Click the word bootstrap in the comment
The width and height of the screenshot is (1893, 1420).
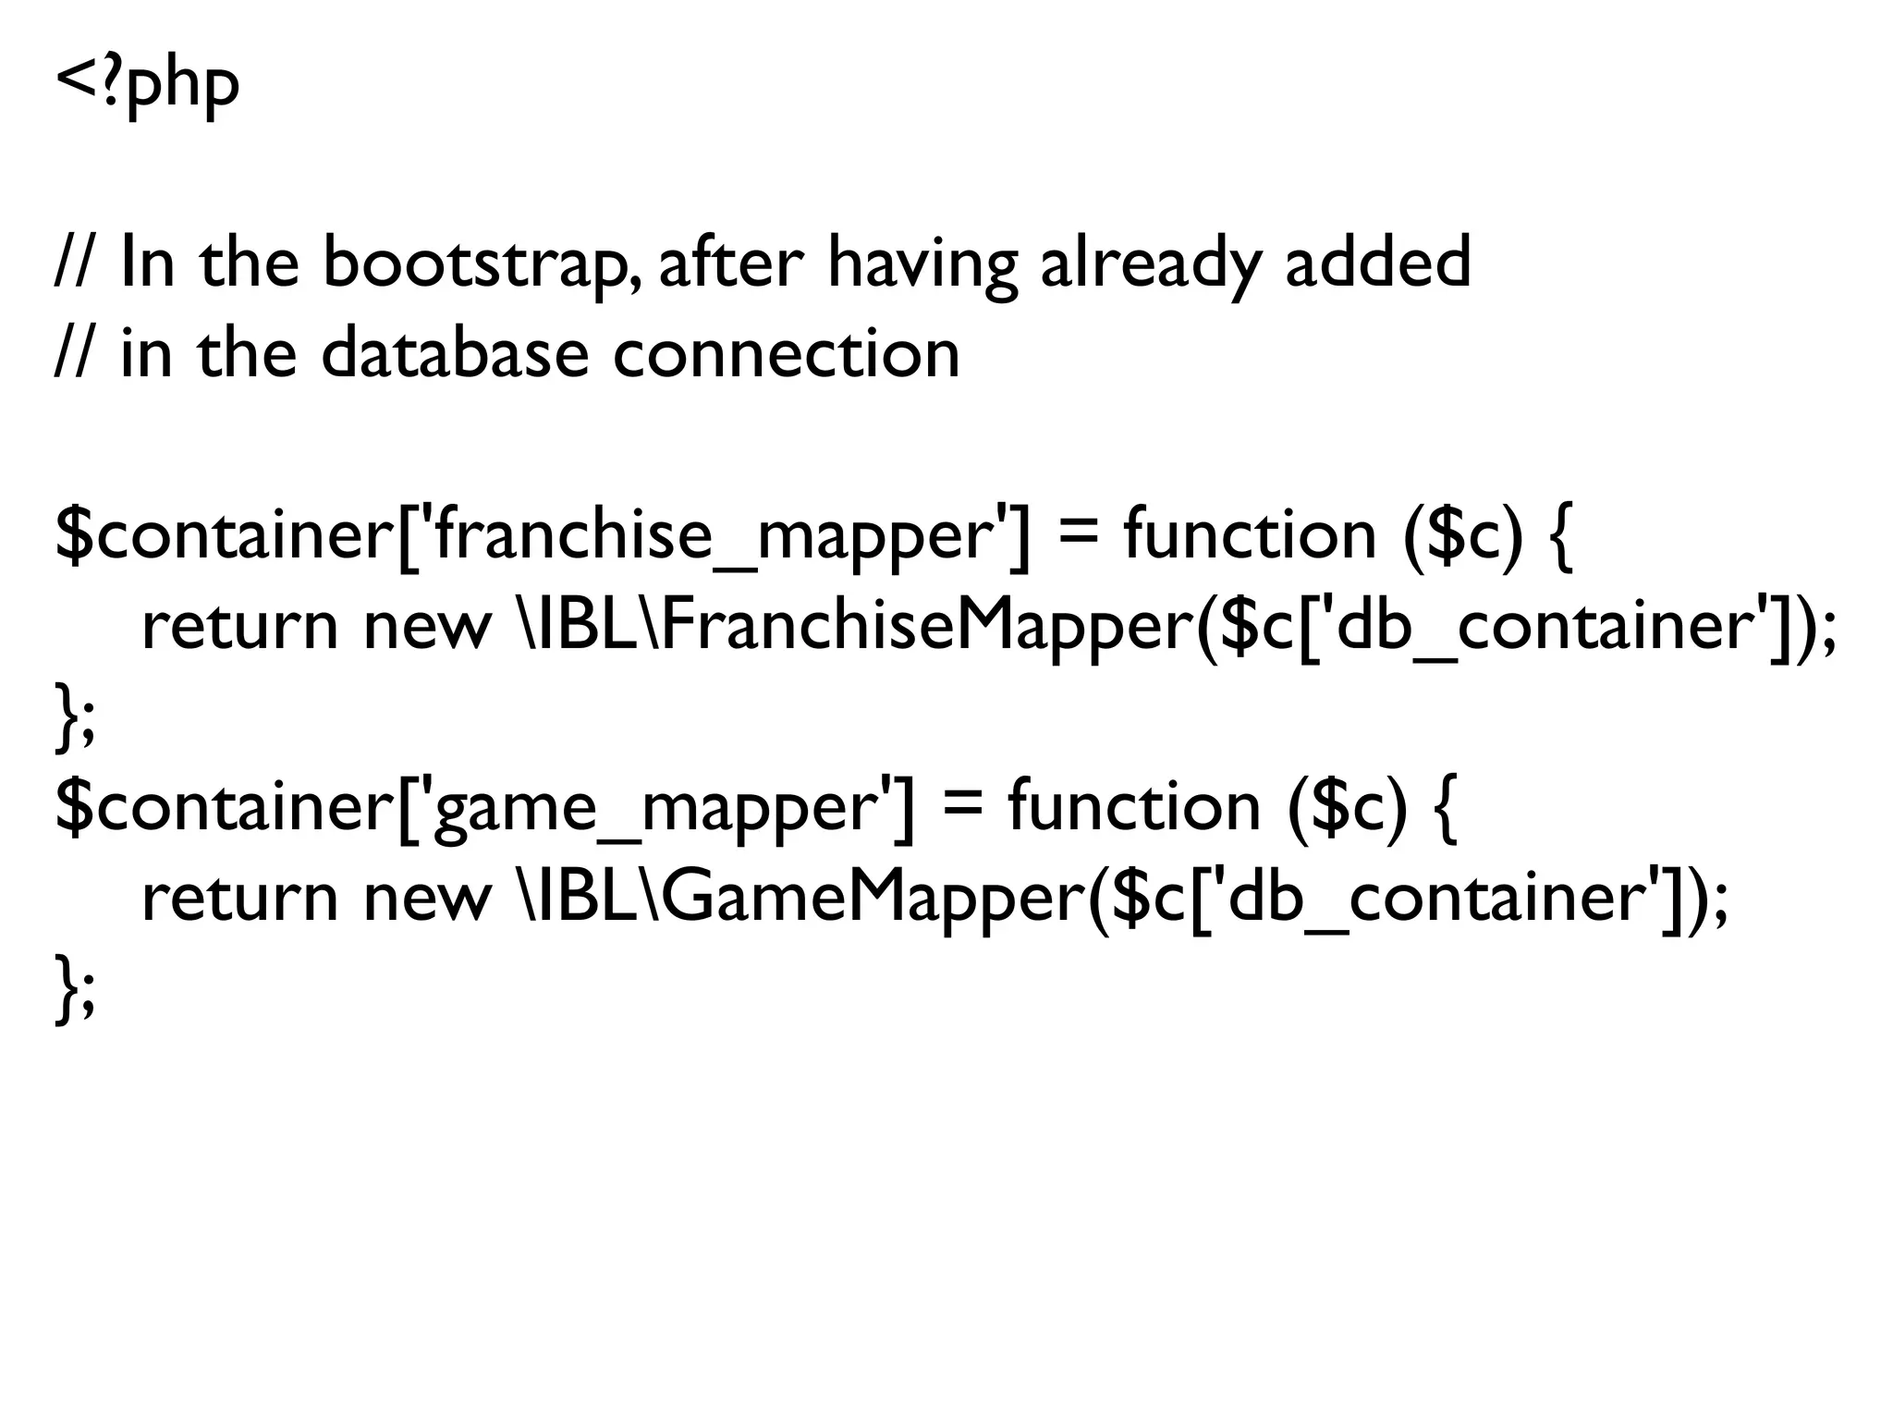click(x=478, y=263)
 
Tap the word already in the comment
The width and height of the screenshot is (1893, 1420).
click(x=1149, y=263)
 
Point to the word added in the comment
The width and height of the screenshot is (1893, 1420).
click(x=1377, y=263)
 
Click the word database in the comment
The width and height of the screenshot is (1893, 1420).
click(x=455, y=353)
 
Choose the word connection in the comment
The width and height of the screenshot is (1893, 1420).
click(x=786, y=353)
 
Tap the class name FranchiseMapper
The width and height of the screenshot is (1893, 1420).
click(x=932, y=627)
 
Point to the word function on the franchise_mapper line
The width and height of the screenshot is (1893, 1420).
click(x=1250, y=536)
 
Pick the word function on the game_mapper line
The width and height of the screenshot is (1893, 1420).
click(x=1134, y=808)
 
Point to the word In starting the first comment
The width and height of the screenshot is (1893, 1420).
click(x=147, y=263)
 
